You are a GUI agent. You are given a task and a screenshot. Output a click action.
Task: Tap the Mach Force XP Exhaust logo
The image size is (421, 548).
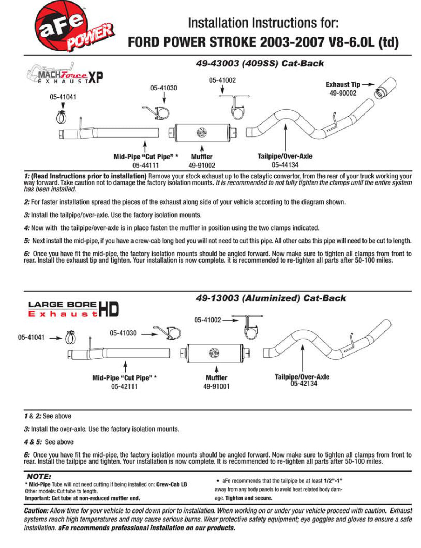(x=65, y=74)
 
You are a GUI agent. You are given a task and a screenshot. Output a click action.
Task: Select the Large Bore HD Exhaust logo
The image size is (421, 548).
(x=73, y=309)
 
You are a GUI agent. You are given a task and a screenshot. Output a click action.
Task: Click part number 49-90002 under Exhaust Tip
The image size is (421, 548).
(x=343, y=93)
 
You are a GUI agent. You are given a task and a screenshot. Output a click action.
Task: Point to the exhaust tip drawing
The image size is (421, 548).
(x=385, y=88)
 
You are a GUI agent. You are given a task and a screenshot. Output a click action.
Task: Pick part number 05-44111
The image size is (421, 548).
(x=145, y=166)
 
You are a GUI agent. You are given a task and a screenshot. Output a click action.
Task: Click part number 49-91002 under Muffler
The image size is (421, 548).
(x=202, y=166)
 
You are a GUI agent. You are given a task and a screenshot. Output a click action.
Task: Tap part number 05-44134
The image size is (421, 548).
(x=285, y=165)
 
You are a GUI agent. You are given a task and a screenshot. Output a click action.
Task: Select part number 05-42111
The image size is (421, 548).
(x=125, y=386)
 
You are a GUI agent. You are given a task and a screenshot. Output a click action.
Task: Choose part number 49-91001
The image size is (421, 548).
(x=216, y=386)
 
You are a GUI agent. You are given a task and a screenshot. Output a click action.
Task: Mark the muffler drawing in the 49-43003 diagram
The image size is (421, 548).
(x=202, y=133)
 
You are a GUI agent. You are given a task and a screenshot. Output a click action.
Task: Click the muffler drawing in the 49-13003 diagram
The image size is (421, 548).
(x=215, y=353)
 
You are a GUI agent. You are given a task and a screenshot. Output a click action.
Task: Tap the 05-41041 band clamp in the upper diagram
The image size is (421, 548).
(x=61, y=117)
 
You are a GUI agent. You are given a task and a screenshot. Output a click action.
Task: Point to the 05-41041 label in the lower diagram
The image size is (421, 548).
(x=31, y=337)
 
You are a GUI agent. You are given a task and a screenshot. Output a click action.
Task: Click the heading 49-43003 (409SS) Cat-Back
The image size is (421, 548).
(x=260, y=63)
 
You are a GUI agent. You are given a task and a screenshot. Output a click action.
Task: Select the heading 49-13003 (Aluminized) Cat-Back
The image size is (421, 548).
(x=271, y=298)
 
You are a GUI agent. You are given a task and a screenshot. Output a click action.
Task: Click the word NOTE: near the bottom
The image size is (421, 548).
(x=39, y=477)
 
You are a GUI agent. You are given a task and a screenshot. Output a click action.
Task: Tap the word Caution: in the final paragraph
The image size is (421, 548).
(x=36, y=511)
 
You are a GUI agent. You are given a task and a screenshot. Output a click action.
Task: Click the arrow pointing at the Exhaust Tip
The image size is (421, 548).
(x=368, y=84)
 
